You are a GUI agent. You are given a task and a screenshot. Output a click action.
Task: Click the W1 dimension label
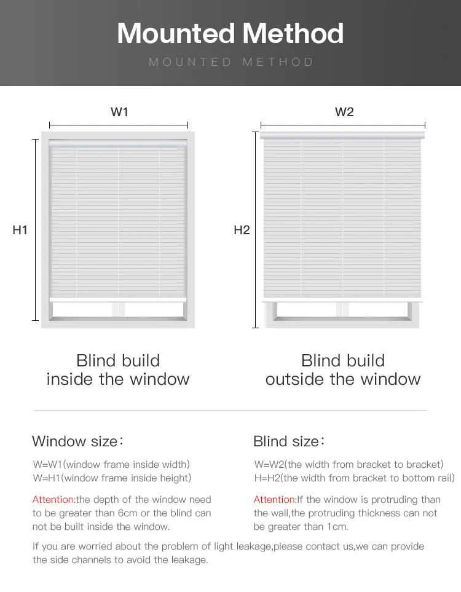(x=119, y=112)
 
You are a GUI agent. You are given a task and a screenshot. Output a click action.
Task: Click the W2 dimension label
(x=344, y=112)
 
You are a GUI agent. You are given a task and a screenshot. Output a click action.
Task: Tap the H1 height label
(x=20, y=231)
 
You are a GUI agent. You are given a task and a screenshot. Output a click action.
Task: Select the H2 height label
(x=242, y=231)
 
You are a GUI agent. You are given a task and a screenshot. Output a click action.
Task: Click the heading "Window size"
(x=77, y=441)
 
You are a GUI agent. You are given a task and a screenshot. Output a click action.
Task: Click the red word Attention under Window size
(x=53, y=500)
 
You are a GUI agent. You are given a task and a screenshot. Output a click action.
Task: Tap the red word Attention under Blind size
(x=275, y=500)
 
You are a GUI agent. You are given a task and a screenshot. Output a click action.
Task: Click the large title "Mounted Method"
(x=230, y=33)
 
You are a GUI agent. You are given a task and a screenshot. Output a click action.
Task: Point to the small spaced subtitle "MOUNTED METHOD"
(x=230, y=62)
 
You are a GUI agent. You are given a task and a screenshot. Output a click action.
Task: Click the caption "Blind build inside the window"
(x=118, y=369)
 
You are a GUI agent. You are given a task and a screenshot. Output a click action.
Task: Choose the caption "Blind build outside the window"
(x=343, y=369)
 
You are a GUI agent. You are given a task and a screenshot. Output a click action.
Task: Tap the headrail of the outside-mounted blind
(x=343, y=135)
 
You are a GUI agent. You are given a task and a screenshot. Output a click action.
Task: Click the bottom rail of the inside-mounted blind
(x=117, y=299)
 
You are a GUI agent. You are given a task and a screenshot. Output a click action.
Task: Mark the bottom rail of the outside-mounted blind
(x=342, y=301)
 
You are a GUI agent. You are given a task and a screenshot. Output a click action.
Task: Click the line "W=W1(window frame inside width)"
(x=111, y=465)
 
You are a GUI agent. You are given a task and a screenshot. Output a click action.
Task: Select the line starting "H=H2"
(x=355, y=478)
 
